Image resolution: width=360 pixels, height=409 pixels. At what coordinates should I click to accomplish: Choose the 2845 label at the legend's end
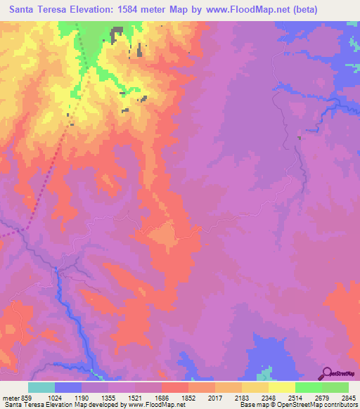point(347,397)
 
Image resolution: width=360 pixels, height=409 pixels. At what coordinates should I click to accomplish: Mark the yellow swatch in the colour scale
point(281,387)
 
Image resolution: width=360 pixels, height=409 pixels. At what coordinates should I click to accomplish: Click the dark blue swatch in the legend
point(68,387)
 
